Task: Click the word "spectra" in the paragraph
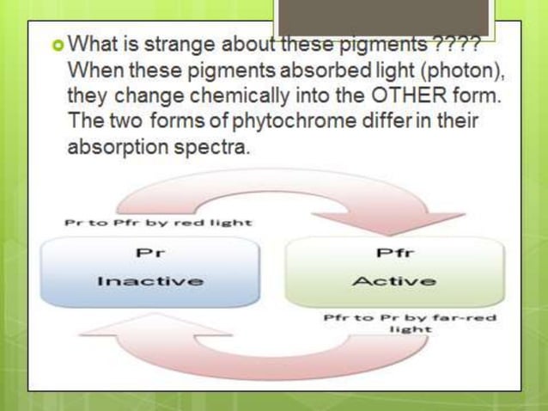pos(216,147)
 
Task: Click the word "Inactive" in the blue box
pos(150,280)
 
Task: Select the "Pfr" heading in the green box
pos(394,253)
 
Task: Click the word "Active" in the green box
pos(394,280)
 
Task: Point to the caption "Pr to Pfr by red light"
pos(159,222)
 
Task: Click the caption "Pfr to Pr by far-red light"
pos(410,323)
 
